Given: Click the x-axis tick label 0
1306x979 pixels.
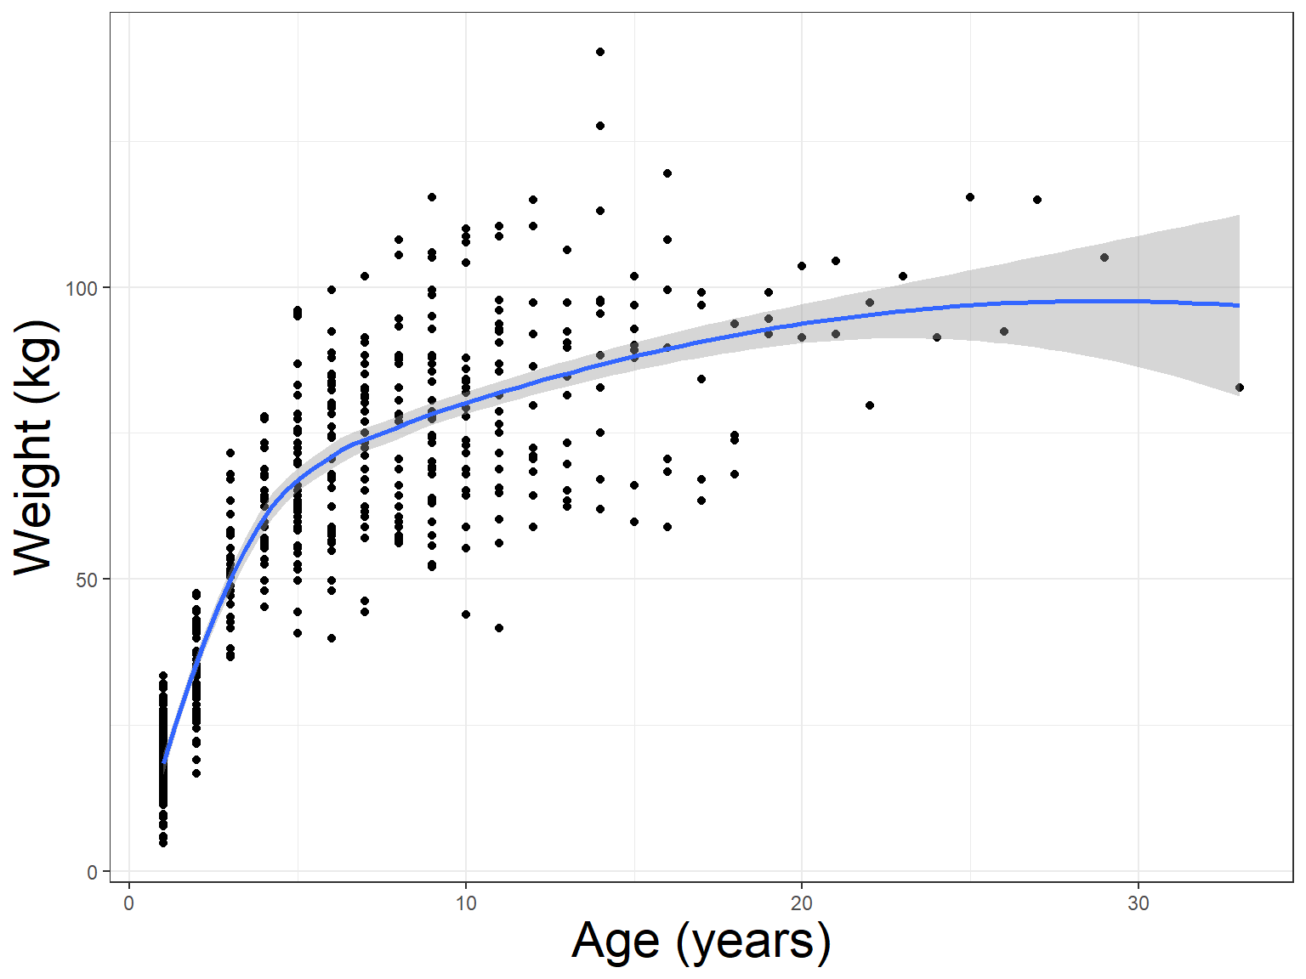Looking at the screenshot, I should (128, 903).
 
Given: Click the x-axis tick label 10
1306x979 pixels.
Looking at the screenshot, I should (465, 903).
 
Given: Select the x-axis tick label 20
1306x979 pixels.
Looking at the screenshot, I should (802, 903).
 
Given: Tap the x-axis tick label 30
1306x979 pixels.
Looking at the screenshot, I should (1138, 903).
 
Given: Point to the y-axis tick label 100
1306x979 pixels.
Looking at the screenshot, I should (82, 288).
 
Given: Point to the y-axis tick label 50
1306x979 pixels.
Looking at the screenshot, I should (87, 580).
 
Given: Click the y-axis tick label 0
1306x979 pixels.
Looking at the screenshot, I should (93, 872).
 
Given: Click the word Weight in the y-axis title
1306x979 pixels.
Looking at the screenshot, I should (34, 496).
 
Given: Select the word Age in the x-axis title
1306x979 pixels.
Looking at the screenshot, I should (616, 941).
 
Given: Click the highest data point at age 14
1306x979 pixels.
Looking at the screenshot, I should (600, 52).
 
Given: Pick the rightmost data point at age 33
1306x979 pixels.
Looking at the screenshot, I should (1239, 388).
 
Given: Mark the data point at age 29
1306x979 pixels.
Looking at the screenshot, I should (1104, 257).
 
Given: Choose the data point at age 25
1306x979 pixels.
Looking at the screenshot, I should (970, 197).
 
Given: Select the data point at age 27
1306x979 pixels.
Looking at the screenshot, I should (1037, 200).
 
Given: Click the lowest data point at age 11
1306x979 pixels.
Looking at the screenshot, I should (499, 628).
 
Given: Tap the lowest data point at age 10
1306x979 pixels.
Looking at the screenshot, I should (466, 614).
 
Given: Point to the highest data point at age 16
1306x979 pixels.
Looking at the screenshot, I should (667, 173).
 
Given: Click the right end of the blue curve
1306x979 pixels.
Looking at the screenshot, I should (1239, 305).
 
